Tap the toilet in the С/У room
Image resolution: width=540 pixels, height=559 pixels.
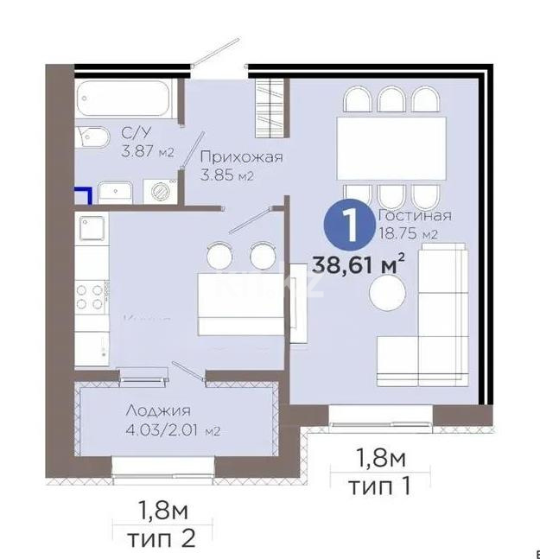click(92, 139)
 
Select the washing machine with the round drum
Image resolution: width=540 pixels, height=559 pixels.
click(158, 190)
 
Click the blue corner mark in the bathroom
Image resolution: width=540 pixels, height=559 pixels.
click(83, 194)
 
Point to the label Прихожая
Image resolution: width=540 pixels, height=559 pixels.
click(241, 157)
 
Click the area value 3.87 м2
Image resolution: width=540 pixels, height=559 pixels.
click(148, 152)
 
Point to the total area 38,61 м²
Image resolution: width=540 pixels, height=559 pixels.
click(360, 265)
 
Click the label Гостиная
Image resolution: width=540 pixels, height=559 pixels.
click(416, 215)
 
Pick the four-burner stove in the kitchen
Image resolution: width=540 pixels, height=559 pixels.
click(91, 296)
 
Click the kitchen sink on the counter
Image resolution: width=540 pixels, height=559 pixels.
click(92, 230)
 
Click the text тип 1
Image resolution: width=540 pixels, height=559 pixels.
click(378, 486)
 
